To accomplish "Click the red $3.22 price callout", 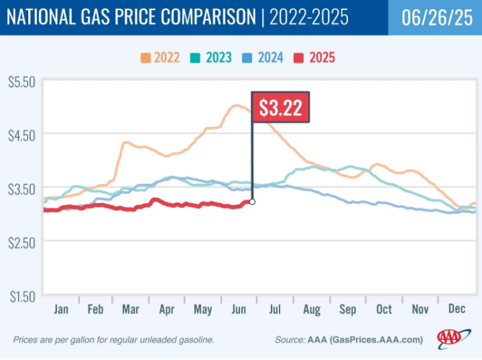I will coord(281,109).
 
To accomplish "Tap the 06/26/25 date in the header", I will coord(434,16).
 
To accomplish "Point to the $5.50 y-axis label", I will coord(22,82).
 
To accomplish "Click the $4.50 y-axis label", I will coord(22,135).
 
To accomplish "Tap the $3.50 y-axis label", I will coord(22,189).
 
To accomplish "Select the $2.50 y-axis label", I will coord(22,242).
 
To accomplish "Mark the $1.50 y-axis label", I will coord(22,295).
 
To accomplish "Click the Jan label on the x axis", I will coord(62,310).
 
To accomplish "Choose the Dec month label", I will coord(457,310).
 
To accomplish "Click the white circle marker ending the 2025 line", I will coord(251,202).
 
